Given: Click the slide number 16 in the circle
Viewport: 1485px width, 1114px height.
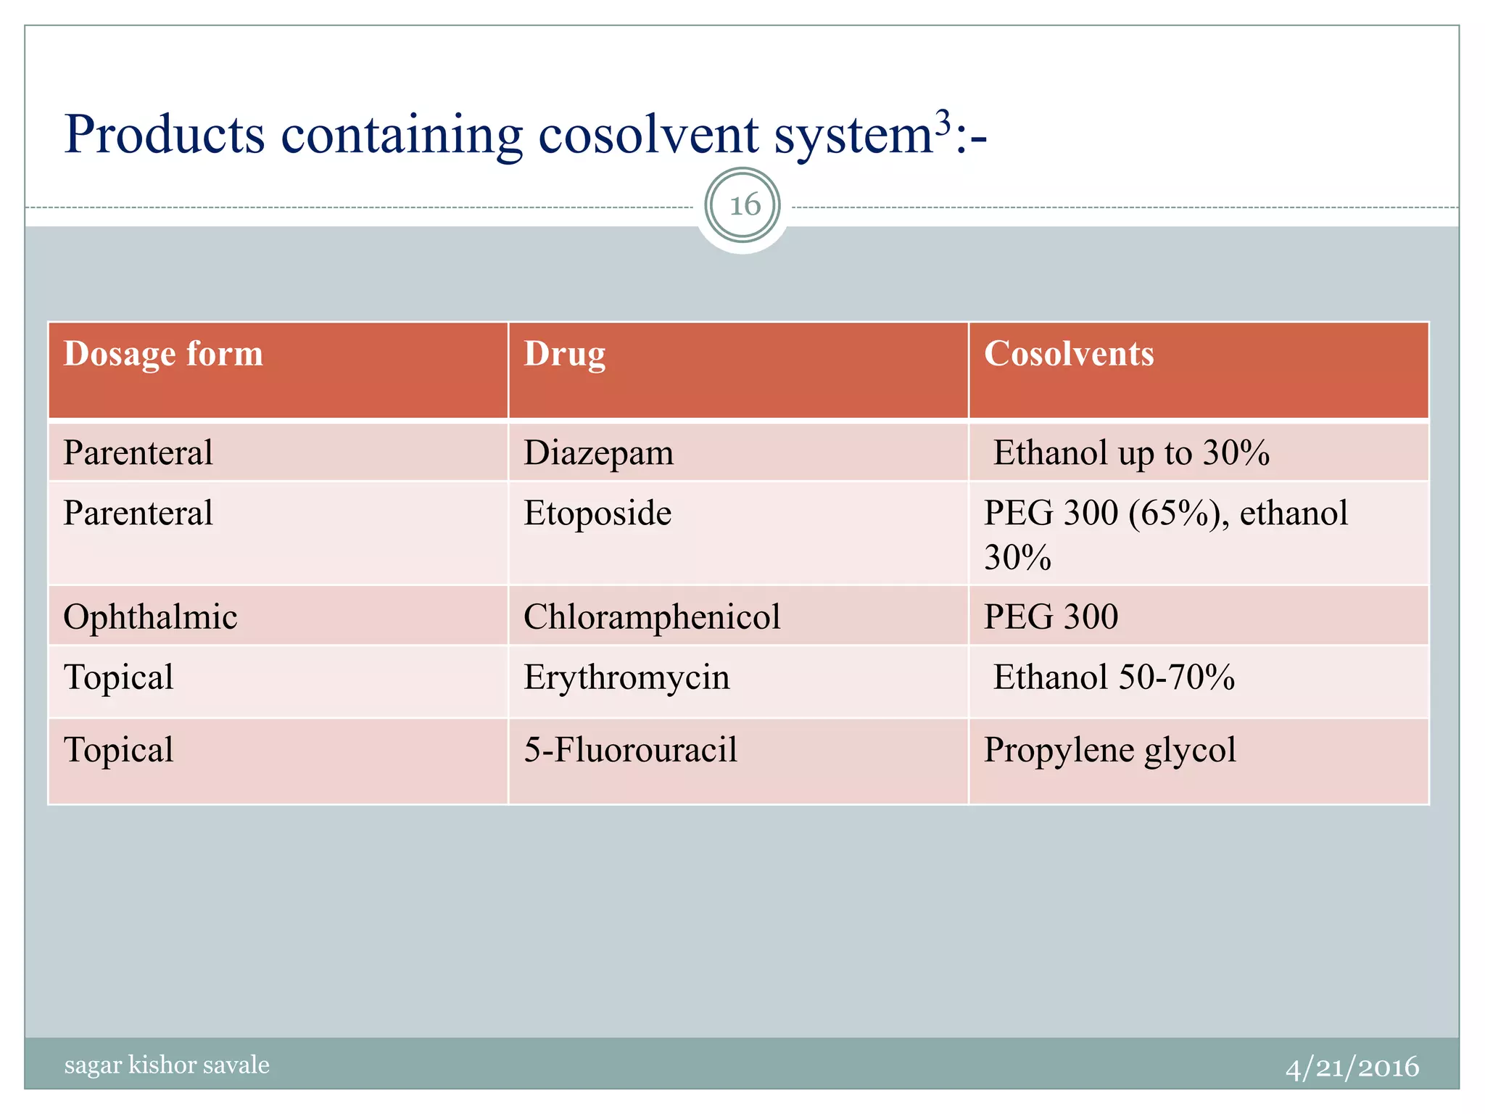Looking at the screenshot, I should [744, 205].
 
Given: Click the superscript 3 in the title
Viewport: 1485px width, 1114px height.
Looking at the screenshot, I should [942, 123].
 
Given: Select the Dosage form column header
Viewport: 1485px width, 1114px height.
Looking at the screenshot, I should [163, 354].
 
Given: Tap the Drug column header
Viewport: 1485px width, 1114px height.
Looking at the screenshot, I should [564, 354].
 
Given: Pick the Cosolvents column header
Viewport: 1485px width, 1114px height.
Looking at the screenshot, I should [1068, 354].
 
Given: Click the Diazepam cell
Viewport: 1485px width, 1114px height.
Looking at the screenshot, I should [598, 453].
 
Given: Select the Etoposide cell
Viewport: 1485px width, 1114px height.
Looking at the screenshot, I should [597, 513].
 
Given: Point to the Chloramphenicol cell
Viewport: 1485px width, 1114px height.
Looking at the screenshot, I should [652, 617].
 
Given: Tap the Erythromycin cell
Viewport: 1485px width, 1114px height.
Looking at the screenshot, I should [626, 677].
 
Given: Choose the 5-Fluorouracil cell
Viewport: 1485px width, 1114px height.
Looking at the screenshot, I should [630, 750].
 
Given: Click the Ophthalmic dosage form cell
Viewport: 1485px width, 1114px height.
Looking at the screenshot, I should [150, 617].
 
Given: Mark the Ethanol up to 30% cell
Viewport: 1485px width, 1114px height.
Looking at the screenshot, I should [1130, 453].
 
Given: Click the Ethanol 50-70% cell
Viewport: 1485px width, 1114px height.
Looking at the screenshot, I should [1113, 677].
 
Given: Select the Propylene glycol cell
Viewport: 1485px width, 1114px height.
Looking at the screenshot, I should [1109, 750].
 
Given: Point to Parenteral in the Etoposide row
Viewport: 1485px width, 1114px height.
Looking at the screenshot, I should [138, 513].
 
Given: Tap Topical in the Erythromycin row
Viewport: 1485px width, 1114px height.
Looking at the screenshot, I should [118, 677].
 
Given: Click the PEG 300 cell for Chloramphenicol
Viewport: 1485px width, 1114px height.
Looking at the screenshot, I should [1051, 617].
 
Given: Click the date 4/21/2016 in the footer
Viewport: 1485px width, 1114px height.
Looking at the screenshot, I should [1352, 1067].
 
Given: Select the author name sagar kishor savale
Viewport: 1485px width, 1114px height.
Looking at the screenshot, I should [167, 1065].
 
